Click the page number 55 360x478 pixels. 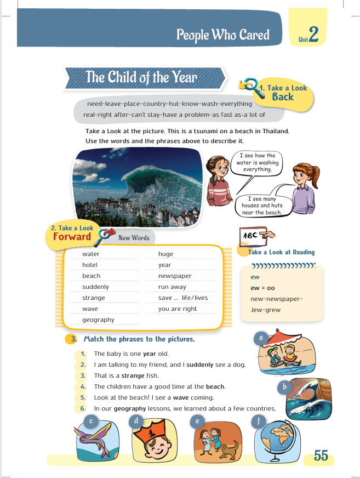(x=321, y=456)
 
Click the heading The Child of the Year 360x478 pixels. (x=141, y=77)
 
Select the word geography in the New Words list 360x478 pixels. (x=98, y=320)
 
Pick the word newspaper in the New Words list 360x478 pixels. (x=175, y=276)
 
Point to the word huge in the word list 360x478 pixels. (x=165, y=254)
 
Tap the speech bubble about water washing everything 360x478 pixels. (x=257, y=163)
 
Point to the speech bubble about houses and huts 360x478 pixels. (x=261, y=206)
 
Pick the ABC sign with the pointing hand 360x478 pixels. (x=255, y=237)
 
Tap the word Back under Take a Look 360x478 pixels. (x=283, y=97)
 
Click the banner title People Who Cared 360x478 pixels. (x=222, y=36)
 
